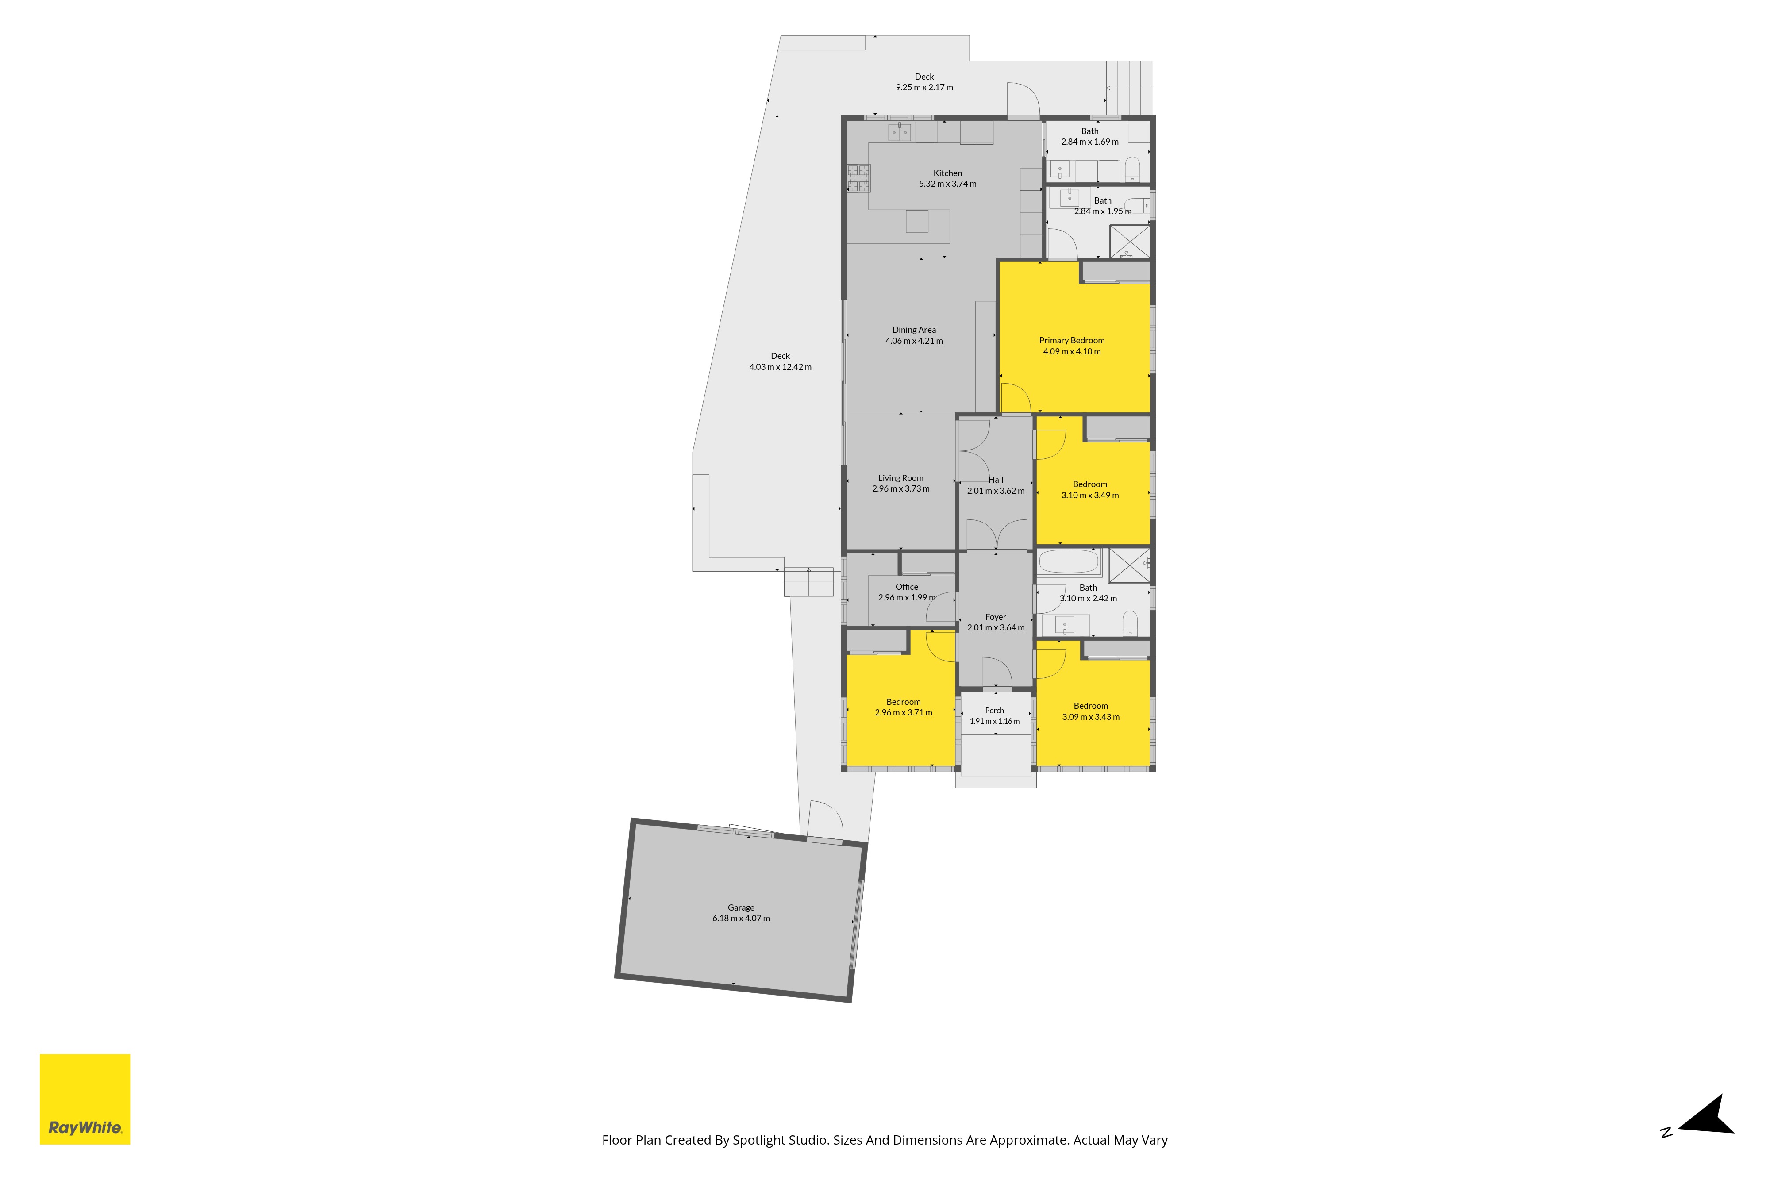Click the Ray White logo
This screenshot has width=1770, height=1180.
click(x=85, y=1099)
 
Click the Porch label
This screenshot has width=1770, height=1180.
click(x=994, y=711)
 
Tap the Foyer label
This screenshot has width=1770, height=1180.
click(x=996, y=617)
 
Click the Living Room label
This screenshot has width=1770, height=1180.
click(x=901, y=478)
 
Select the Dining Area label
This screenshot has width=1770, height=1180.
click(x=914, y=330)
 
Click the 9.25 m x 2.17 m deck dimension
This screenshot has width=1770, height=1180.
click(x=924, y=87)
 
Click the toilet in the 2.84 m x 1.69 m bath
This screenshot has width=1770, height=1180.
click(x=1133, y=169)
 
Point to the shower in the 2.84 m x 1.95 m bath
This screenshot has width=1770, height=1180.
click(x=1130, y=241)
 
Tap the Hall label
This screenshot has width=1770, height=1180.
click(x=996, y=479)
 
